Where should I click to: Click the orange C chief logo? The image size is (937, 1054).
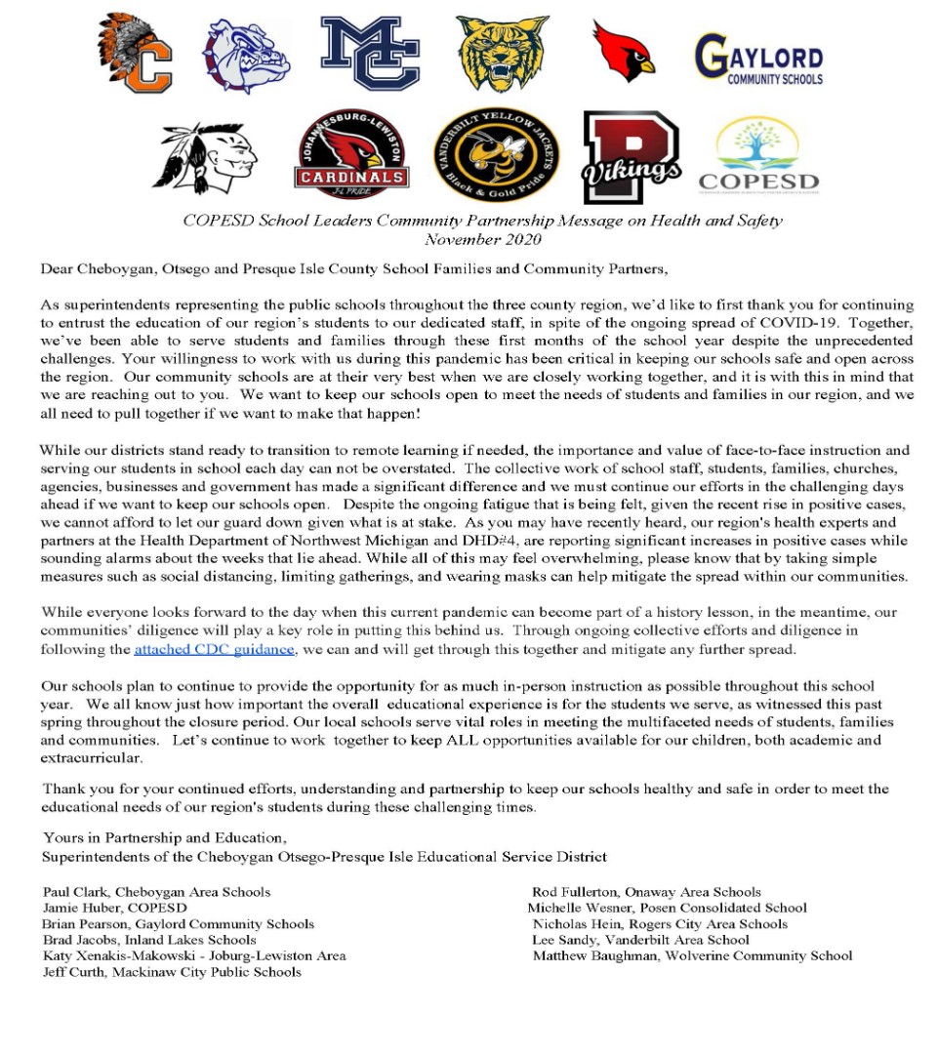[x=136, y=54]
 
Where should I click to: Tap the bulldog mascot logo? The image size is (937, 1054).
[x=246, y=56]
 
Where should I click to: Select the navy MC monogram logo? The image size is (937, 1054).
[x=370, y=55]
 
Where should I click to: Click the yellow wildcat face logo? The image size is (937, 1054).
[x=503, y=55]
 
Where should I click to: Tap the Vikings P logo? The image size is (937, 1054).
[x=631, y=157]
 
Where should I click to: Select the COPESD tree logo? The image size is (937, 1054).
[x=758, y=156]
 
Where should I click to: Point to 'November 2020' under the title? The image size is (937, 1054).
[x=482, y=238]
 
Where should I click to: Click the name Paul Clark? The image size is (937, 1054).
[x=79, y=892]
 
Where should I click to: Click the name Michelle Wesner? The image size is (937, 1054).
[x=580, y=908]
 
